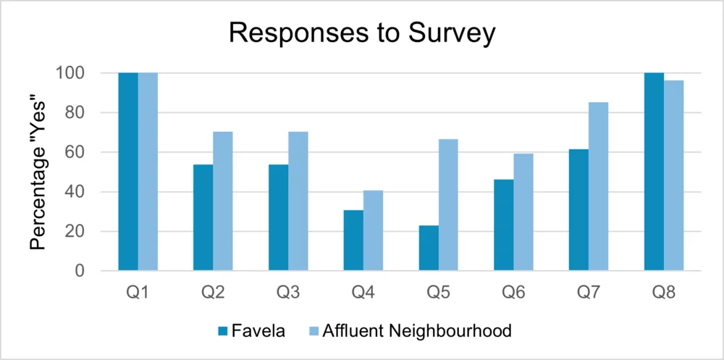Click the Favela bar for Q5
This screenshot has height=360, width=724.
tap(429, 248)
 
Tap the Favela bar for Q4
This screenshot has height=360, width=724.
tap(353, 240)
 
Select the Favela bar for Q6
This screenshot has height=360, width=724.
tap(504, 225)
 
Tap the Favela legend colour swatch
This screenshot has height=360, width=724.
tap(222, 332)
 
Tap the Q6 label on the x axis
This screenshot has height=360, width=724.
tap(513, 293)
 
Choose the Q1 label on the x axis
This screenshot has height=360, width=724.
tap(138, 293)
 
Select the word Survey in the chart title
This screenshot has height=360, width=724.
tap(451, 33)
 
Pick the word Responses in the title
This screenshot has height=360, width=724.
tap(295, 33)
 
